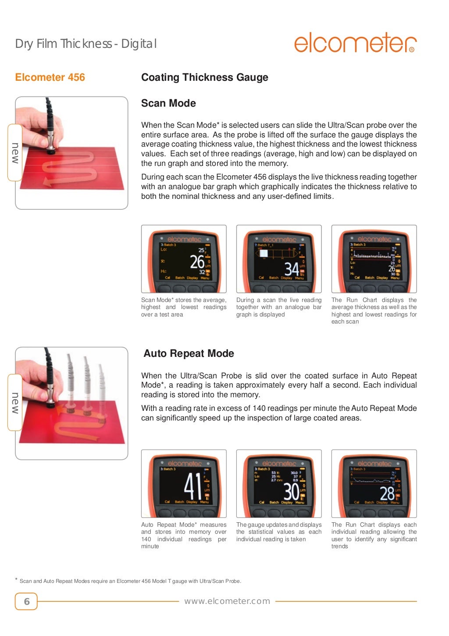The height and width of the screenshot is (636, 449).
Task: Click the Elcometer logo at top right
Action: pyautogui.click(x=355, y=43)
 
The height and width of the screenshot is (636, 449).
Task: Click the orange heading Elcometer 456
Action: pyautogui.click(x=50, y=78)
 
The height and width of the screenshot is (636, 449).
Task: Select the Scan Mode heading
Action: pyautogui.click(x=168, y=103)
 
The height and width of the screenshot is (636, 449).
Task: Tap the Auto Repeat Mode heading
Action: pyautogui.click(x=189, y=353)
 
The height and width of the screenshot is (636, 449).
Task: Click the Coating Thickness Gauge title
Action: pyautogui.click(x=204, y=78)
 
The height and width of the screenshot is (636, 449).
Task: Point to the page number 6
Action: pyautogui.click(x=26, y=601)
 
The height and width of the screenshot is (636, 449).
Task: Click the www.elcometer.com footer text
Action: pyautogui.click(x=227, y=601)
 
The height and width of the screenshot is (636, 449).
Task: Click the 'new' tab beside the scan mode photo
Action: pyautogui.click(x=15, y=153)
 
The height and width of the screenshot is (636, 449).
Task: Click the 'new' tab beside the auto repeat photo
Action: pyautogui.click(x=15, y=402)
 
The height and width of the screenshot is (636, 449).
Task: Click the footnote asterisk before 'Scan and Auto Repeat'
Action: pyautogui.click(x=17, y=580)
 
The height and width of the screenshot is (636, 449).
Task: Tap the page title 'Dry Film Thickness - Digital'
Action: pyautogui.click(x=86, y=44)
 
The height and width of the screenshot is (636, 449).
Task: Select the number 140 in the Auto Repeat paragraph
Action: pyautogui.click(x=259, y=408)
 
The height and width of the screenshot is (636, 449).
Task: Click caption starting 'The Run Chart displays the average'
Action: pyautogui.click(x=374, y=311)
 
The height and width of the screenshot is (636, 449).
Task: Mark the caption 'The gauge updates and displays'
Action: pyautogui.click(x=279, y=532)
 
